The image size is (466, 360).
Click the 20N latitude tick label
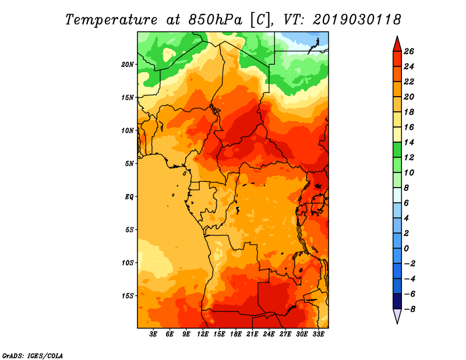click(x=127, y=65)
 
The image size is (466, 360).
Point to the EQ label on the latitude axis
click(x=129, y=197)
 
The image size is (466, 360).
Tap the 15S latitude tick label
click(x=127, y=296)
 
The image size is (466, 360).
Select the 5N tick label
click(x=129, y=164)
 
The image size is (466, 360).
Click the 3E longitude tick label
click(x=153, y=334)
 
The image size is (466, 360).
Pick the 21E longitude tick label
click(x=252, y=334)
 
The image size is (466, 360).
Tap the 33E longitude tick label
click(x=318, y=334)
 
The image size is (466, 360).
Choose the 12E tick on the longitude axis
click(x=202, y=334)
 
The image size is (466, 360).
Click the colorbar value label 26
click(x=409, y=52)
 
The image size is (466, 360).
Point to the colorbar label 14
click(x=409, y=142)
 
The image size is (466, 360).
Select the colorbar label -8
click(x=409, y=309)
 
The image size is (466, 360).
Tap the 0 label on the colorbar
click(x=406, y=249)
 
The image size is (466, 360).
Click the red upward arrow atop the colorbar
click(x=397, y=44)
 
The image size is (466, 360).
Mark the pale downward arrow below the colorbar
click(x=397, y=316)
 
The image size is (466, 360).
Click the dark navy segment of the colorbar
click(x=397, y=301)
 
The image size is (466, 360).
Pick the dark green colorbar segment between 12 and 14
click(x=397, y=150)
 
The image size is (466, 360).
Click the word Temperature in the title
click(x=111, y=20)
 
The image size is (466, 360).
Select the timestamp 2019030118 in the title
click(x=357, y=20)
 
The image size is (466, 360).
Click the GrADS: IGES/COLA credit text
click(x=33, y=356)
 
